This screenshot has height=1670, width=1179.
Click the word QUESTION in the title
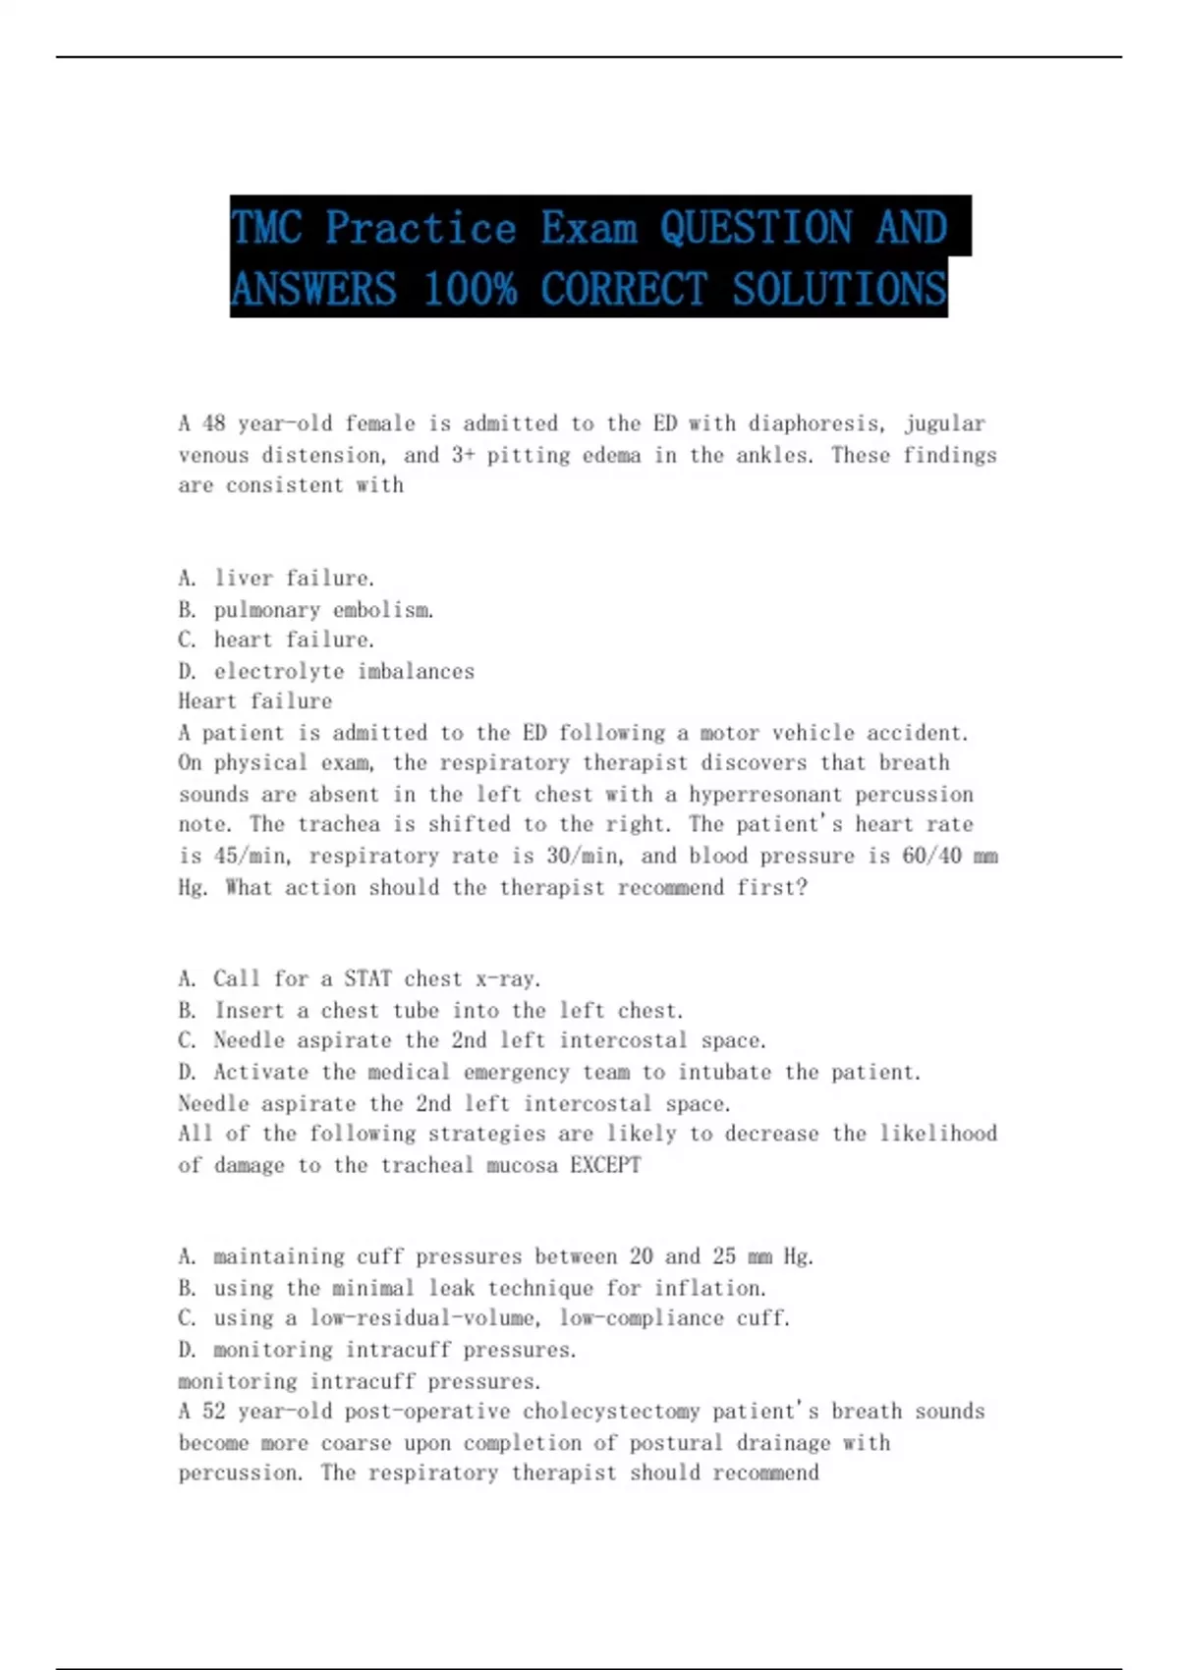pyautogui.click(x=756, y=227)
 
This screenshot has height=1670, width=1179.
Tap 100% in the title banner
pyautogui.click(x=470, y=289)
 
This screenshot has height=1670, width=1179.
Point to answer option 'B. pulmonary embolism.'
pyautogui.click(x=306, y=610)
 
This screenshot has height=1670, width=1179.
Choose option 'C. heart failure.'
pyautogui.click(x=276, y=640)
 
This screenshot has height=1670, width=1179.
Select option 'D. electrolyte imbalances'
pyautogui.click(x=326, y=672)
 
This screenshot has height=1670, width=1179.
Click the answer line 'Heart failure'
pyautogui.click(x=255, y=701)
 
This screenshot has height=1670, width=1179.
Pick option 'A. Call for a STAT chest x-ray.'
pyautogui.click(x=360, y=979)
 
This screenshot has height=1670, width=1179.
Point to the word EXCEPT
pyautogui.click(x=605, y=1165)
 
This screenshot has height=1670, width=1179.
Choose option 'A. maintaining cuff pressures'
pyautogui.click(x=495, y=1256)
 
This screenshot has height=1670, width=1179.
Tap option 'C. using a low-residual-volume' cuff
pyautogui.click(x=483, y=1318)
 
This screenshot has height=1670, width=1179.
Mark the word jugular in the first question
pyautogui.click(x=944, y=423)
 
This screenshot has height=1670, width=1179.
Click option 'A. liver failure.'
pyautogui.click(x=276, y=579)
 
